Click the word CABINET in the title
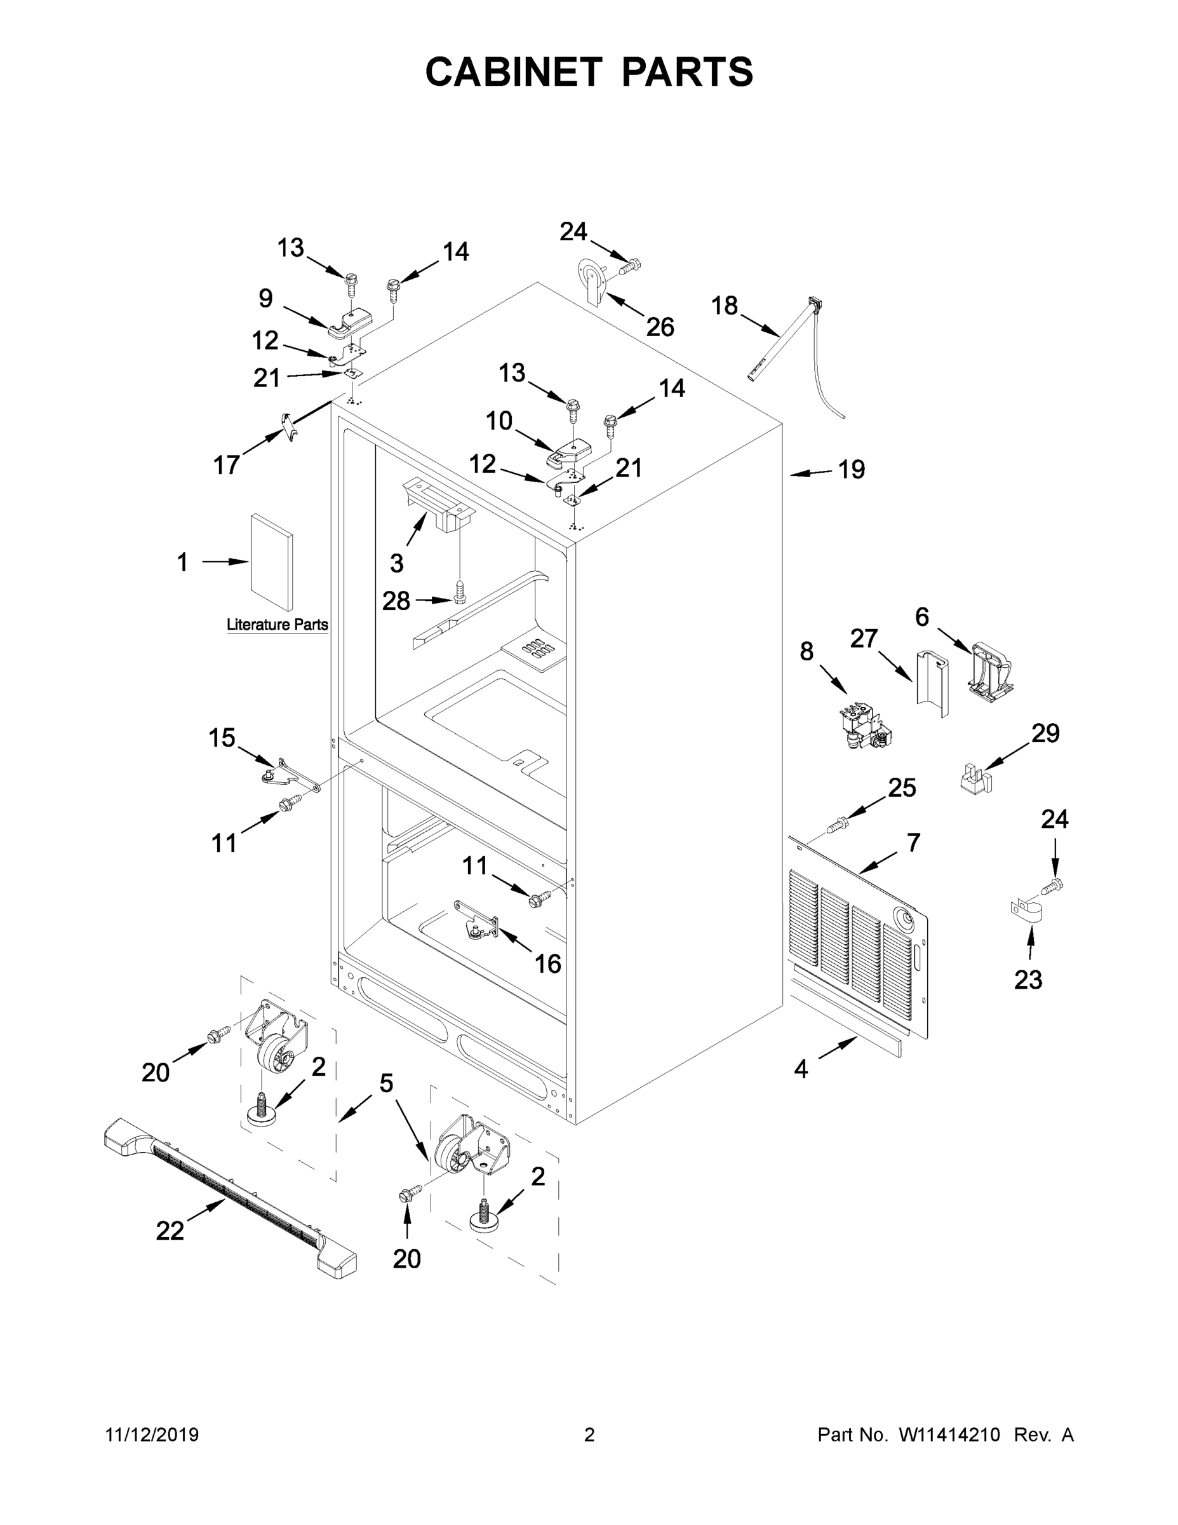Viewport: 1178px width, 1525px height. (x=514, y=72)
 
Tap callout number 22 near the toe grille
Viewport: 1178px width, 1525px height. (x=170, y=1231)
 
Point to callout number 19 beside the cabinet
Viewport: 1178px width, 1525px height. (x=852, y=470)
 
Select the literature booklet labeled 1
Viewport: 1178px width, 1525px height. (x=271, y=563)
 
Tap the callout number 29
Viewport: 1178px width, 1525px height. (x=1045, y=733)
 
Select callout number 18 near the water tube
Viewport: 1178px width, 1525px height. (x=725, y=306)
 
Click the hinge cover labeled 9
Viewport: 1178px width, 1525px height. (x=351, y=323)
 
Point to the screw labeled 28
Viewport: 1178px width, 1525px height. (x=459, y=593)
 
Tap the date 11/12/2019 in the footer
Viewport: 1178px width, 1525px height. (x=152, y=1435)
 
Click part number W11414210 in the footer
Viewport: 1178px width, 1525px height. (x=949, y=1435)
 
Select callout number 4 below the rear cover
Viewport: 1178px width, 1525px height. (x=800, y=1068)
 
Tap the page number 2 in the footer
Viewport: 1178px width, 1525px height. (x=589, y=1435)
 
